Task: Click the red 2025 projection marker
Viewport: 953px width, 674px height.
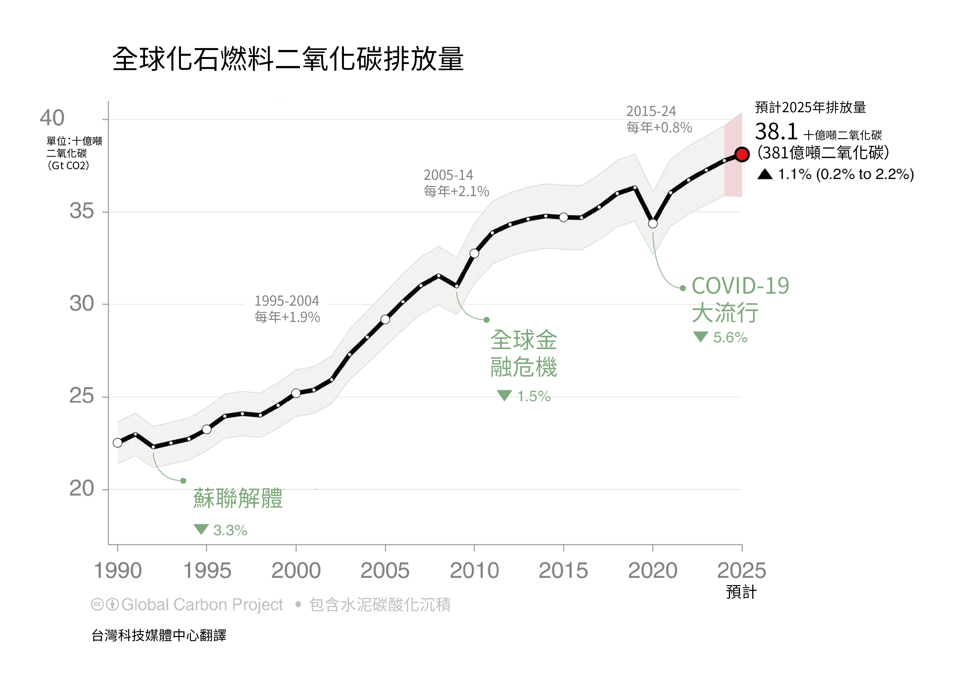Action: pyautogui.click(x=742, y=154)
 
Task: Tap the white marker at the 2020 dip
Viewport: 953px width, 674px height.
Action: pyautogui.click(x=653, y=224)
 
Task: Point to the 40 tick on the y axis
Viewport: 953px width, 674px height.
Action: pyautogui.click(x=52, y=118)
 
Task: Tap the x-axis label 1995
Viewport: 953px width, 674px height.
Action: pyautogui.click(x=207, y=571)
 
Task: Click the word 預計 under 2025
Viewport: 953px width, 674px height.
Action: pyautogui.click(x=741, y=592)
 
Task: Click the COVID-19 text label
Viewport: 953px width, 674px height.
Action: pyautogui.click(x=741, y=286)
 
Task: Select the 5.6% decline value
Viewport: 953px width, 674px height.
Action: pyautogui.click(x=730, y=337)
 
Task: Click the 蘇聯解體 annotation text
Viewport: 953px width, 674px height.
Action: pyautogui.click(x=238, y=499)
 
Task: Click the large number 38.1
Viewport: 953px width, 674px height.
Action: pyautogui.click(x=776, y=132)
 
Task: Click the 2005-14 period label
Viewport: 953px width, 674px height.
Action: pyautogui.click(x=448, y=175)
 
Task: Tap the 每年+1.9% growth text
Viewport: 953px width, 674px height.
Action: pyautogui.click(x=287, y=317)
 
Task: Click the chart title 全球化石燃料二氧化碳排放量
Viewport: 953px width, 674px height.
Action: pyautogui.click(x=288, y=59)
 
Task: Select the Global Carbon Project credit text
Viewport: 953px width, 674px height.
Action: pyautogui.click(x=202, y=605)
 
